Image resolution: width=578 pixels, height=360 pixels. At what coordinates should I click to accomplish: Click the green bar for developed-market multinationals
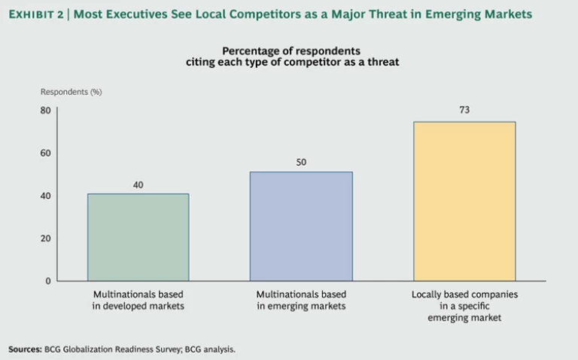(138, 237)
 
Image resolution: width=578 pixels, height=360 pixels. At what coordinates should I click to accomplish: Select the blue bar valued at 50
(301, 226)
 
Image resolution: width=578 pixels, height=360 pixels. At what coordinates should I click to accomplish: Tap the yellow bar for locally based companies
(464, 201)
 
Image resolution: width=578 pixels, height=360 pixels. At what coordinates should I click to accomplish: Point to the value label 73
(464, 111)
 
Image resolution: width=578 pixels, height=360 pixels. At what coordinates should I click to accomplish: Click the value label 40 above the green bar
(138, 184)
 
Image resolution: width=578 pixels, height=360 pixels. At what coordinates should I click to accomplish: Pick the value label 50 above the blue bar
(301, 162)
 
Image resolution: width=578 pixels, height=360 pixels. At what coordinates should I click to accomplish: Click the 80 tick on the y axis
(45, 111)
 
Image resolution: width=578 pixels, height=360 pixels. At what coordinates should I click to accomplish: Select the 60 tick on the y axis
(45, 153)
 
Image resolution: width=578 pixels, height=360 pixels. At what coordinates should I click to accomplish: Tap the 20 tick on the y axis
(45, 238)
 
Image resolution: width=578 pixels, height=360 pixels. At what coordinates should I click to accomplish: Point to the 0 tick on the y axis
(47, 281)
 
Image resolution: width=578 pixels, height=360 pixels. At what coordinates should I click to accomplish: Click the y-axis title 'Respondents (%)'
(71, 92)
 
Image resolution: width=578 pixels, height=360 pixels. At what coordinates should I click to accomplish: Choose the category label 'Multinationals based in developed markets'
(138, 300)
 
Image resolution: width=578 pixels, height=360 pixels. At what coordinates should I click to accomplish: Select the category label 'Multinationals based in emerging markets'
(301, 300)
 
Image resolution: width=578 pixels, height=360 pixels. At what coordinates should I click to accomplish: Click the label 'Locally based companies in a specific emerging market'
(464, 306)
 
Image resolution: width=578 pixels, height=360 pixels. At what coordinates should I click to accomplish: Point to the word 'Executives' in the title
(142, 14)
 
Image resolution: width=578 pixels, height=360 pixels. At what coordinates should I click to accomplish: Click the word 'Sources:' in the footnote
(26, 349)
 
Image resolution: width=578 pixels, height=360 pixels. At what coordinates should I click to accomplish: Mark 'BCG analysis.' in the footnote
(214, 349)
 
